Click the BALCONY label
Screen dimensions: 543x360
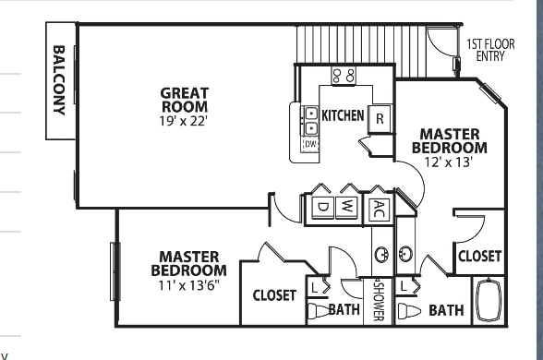pyautogui.click(x=59, y=80)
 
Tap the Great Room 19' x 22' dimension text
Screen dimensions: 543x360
pyautogui.click(x=183, y=121)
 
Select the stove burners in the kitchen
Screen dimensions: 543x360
pyautogui.click(x=344, y=76)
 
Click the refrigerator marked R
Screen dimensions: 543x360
pyautogui.click(x=380, y=119)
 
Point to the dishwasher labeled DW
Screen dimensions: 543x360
pyautogui.click(x=310, y=144)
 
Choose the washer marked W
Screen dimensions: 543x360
pyautogui.click(x=346, y=208)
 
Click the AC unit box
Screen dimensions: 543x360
pyautogui.click(x=380, y=209)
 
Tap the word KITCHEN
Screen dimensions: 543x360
pyautogui.click(x=343, y=115)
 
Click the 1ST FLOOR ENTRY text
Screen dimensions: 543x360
pyautogui.click(x=490, y=50)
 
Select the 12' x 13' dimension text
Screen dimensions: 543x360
pyautogui.click(x=449, y=162)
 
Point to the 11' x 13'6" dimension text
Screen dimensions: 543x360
pyautogui.click(x=189, y=285)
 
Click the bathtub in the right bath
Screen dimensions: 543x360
pyautogui.click(x=489, y=300)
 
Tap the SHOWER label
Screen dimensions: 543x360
pyautogui.click(x=379, y=300)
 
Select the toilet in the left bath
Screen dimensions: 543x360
pyautogui.click(x=319, y=310)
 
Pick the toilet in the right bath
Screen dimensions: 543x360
pyautogui.click(x=409, y=310)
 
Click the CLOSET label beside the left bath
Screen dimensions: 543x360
pyautogui.click(x=274, y=295)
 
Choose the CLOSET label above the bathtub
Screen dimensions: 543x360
pyautogui.click(x=479, y=257)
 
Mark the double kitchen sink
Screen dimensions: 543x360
pyautogui.click(x=311, y=120)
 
